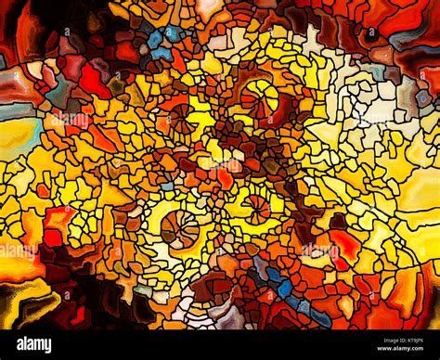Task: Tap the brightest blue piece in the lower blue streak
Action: pyautogui.click(x=283, y=289)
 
